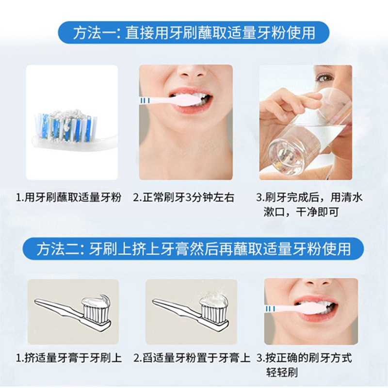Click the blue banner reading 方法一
click(194, 32)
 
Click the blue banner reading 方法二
click(194, 249)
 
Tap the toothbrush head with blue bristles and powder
click(65, 128)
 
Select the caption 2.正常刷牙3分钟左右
click(184, 197)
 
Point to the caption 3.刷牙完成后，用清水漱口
click(309, 204)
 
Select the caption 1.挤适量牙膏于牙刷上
click(69, 358)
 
